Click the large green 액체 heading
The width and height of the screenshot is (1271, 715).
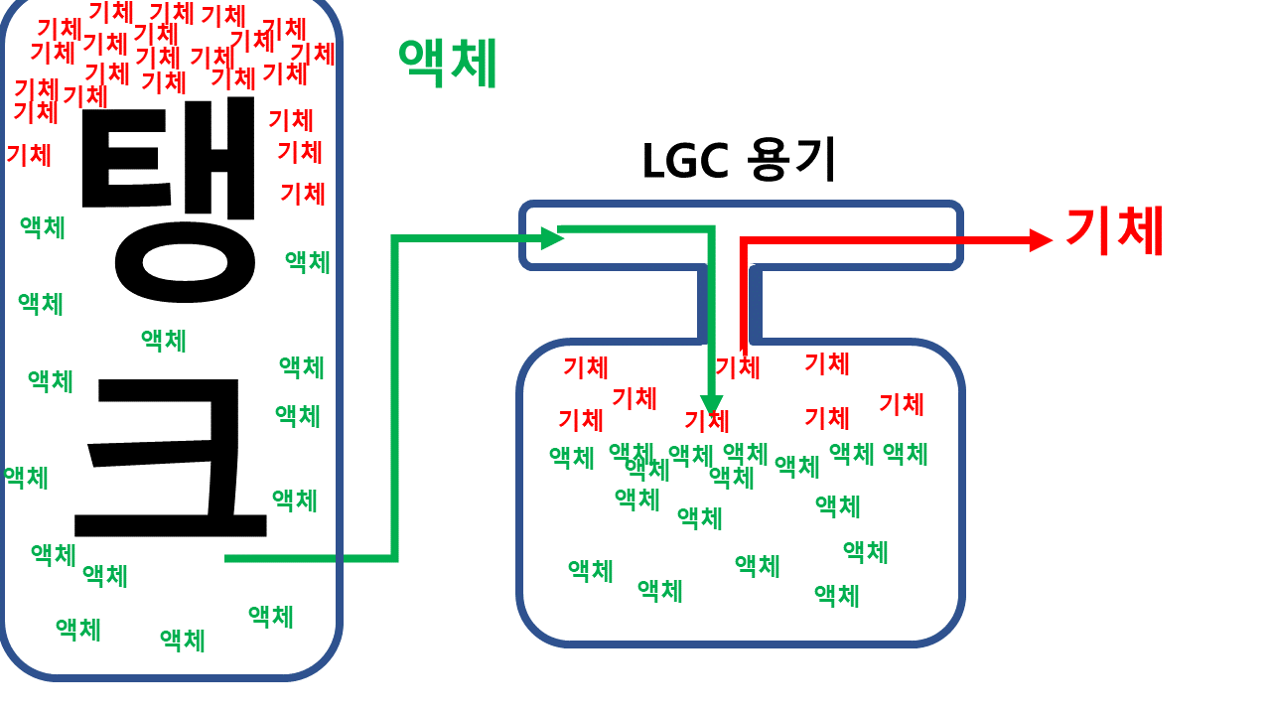(x=447, y=64)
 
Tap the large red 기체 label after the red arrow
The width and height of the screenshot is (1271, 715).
(x=1113, y=230)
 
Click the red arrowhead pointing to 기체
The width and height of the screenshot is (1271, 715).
(x=1041, y=240)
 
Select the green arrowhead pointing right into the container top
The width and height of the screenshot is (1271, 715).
(x=552, y=237)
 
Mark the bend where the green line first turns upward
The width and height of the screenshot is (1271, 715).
(x=395, y=558)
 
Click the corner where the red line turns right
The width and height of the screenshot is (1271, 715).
(x=744, y=241)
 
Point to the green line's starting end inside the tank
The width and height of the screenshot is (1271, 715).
(x=227, y=558)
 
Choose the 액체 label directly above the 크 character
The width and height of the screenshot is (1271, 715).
(x=164, y=341)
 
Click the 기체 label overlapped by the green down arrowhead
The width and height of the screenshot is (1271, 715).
(x=706, y=420)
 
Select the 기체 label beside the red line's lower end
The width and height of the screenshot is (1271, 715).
(x=737, y=367)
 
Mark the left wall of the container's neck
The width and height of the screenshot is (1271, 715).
(x=702, y=303)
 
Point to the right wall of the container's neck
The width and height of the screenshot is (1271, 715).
(x=756, y=303)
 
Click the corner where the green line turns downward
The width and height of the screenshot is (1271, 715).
(x=711, y=230)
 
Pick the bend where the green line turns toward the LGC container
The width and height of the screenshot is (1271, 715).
(x=395, y=238)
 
